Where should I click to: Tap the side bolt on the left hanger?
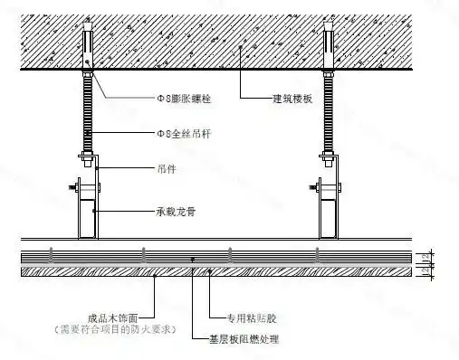(x=70, y=189)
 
